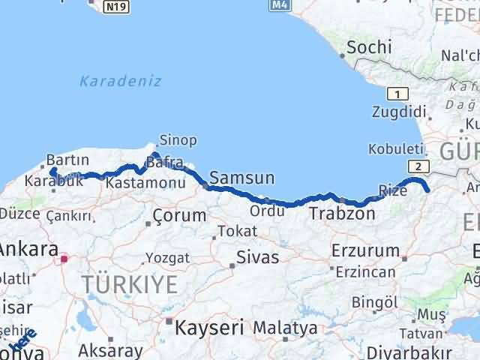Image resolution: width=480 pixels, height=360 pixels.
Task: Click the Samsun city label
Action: coord(241,178)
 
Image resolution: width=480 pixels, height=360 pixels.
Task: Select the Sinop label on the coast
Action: coord(178,140)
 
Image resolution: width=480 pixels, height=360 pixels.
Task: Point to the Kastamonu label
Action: coord(135,183)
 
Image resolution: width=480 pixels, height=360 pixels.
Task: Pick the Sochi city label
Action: coord(368,47)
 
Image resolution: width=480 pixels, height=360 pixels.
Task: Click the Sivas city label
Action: coord(257,257)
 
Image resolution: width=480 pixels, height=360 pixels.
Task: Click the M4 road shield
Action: coord(278,5)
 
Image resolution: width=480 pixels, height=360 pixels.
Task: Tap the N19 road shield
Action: coord(115,6)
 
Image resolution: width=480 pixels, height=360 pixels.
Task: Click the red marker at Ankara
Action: coord(64,259)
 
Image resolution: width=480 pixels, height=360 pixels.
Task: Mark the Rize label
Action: coord(393,191)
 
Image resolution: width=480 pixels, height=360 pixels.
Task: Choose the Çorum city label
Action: coord(178,216)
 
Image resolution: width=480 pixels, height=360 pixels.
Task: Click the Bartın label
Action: coord(67,160)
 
